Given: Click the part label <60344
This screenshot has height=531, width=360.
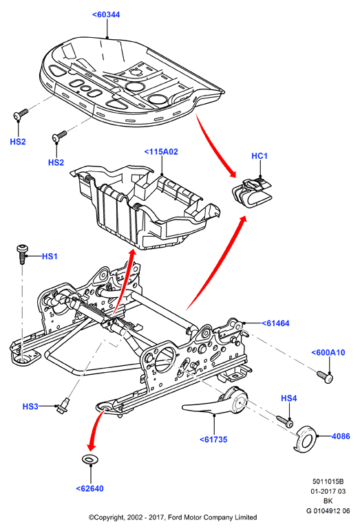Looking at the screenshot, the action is [x=106, y=14].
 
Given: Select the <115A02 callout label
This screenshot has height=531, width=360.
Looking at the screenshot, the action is [x=161, y=152].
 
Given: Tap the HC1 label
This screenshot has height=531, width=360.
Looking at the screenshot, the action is [x=260, y=155].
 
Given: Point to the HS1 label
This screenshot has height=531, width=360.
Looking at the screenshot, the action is [x=50, y=257].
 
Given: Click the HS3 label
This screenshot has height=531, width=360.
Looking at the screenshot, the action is [x=30, y=406].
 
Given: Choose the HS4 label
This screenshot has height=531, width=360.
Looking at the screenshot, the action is [x=289, y=398].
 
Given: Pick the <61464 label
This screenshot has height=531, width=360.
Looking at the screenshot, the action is [x=275, y=323].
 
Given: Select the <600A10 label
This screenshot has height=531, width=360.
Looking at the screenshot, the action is [x=328, y=352].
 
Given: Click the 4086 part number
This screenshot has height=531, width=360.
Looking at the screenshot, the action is [x=341, y=436].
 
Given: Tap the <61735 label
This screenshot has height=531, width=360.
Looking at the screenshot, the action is [x=213, y=440].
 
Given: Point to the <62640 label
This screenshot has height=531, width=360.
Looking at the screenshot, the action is [x=90, y=488].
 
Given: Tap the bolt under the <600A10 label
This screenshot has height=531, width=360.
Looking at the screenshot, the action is [x=325, y=377].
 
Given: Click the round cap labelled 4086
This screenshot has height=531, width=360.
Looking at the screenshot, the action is [x=305, y=440].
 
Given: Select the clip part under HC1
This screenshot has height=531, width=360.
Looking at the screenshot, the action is [x=253, y=193].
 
